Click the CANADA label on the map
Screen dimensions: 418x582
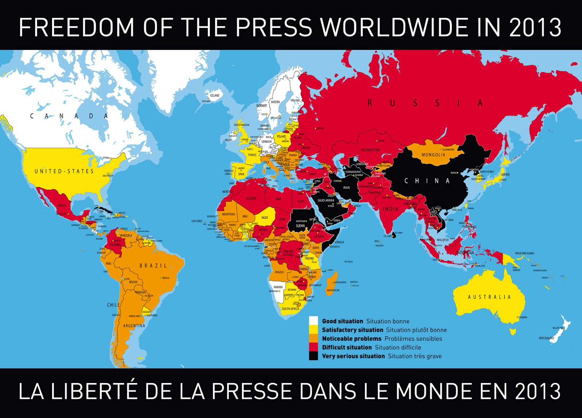(x=69, y=116)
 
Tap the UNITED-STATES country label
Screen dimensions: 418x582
(x=64, y=171)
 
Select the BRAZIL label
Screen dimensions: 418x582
(x=153, y=266)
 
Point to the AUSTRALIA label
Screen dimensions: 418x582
(x=489, y=297)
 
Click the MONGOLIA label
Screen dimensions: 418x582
(x=433, y=155)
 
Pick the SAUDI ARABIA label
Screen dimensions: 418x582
(x=326, y=200)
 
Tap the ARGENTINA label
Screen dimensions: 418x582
(x=134, y=326)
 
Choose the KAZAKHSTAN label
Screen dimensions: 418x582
(x=370, y=150)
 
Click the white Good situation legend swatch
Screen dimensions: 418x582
(x=313, y=321)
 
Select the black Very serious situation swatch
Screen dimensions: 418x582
(x=313, y=356)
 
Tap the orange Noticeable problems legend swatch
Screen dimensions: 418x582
(x=313, y=338)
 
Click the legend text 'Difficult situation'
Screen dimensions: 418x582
(x=347, y=347)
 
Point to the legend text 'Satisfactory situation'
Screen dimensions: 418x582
(x=352, y=330)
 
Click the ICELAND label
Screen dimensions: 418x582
(x=215, y=95)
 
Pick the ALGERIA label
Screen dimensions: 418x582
(x=251, y=198)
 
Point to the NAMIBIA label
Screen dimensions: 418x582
(x=278, y=287)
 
